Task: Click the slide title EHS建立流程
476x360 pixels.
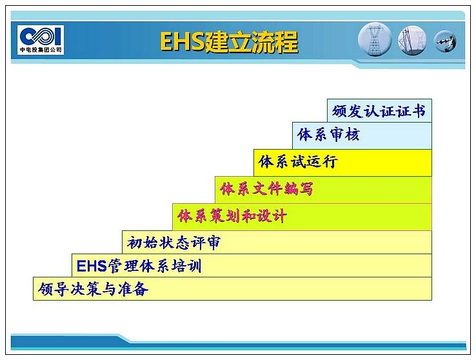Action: (x=229, y=42)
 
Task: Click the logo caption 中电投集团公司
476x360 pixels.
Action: (x=41, y=50)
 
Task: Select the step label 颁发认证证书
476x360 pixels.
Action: (x=379, y=111)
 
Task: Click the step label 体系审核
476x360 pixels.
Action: (x=328, y=134)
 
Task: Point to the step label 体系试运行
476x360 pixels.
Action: (x=298, y=161)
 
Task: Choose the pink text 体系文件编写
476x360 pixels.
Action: (x=266, y=189)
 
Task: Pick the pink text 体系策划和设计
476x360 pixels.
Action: (x=232, y=216)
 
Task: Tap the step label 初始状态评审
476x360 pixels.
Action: (x=174, y=243)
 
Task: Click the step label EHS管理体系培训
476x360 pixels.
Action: (x=139, y=266)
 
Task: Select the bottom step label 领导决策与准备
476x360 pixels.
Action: (x=93, y=289)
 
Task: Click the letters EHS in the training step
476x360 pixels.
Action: (x=92, y=266)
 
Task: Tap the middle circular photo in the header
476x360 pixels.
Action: (x=412, y=41)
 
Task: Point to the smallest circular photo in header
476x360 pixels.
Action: (x=445, y=41)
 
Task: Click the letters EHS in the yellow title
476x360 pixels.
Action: (x=183, y=42)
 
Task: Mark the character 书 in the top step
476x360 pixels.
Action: (x=419, y=111)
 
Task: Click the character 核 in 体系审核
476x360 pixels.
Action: (x=352, y=134)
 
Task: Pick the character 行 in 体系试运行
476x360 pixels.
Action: (x=330, y=161)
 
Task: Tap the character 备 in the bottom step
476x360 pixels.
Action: (x=141, y=289)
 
